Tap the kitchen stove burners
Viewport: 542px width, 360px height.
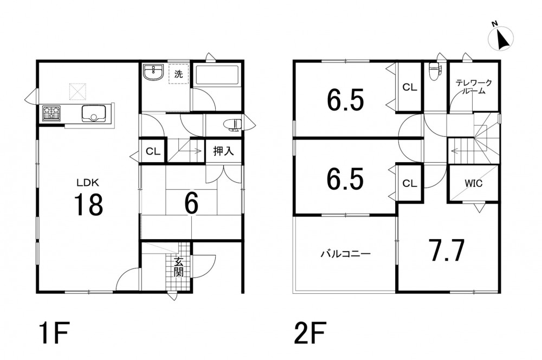pyautogui.click(x=51, y=113)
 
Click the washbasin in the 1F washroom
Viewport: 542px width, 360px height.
pyautogui.click(x=153, y=73)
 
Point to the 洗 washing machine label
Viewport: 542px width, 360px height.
pyautogui.click(x=178, y=74)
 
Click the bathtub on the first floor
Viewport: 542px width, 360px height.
pyautogui.click(x=216, y=75)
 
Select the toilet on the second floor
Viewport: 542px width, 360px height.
pyautogui.click(x=434, y=72)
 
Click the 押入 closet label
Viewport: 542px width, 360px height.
pyautogui.click(x=223, y=151)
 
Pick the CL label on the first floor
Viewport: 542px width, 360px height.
pyautogui.click(x=153, y=151)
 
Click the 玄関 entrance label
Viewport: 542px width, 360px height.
pyautogui.click(x=178, y=267)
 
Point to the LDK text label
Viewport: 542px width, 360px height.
pyautogui.click(x=88, y=182)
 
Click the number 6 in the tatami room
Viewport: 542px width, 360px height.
pyautogui.click(x=191, y=203)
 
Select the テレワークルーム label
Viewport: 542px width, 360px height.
pyautogui.click(x=474, y=87)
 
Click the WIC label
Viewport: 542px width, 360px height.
pyautogui.click(x=473, y=183)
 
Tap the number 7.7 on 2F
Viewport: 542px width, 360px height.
pyautogui.click(x=446, y=250)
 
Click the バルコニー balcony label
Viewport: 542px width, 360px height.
pyautogui.click(x=345, y=254)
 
